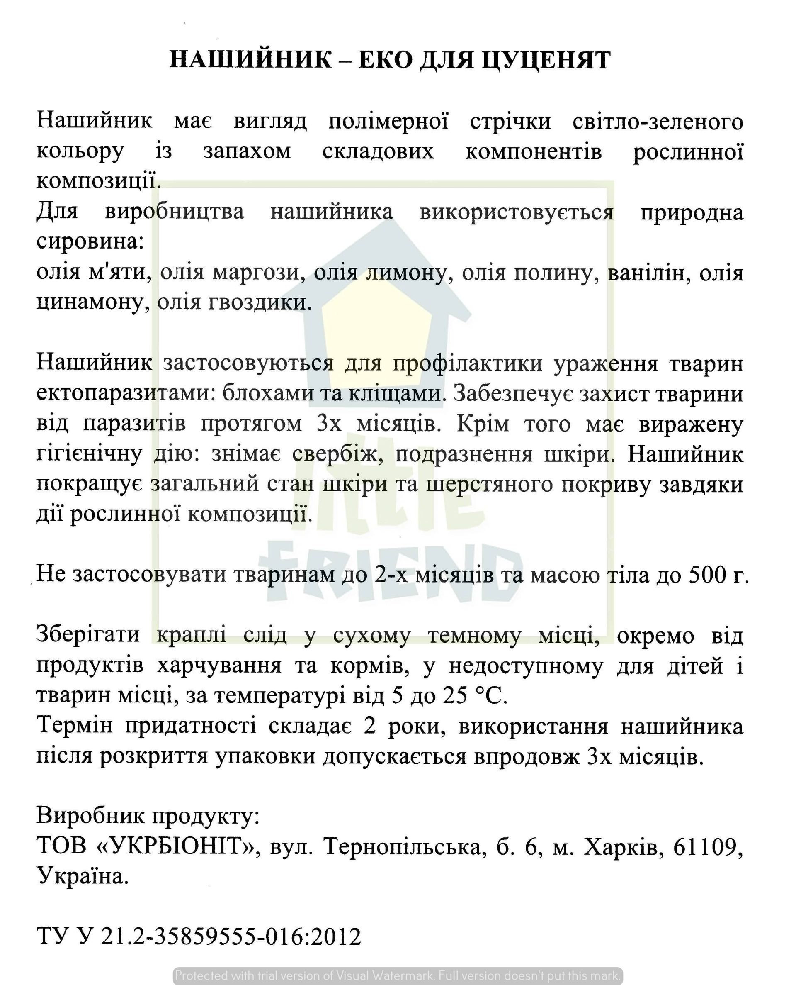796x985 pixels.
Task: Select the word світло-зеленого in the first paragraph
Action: pyautogui.click(x=658, y=122)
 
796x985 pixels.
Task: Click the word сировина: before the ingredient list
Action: pyautogui.click(x=90, y=242)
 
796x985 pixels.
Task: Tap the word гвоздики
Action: pyautogui.click(x=260, y=302)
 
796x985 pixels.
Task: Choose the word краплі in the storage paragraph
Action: pyautogui.click(x=191, y=635)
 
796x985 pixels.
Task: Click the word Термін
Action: pyautogui.click(x=74, y=726)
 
